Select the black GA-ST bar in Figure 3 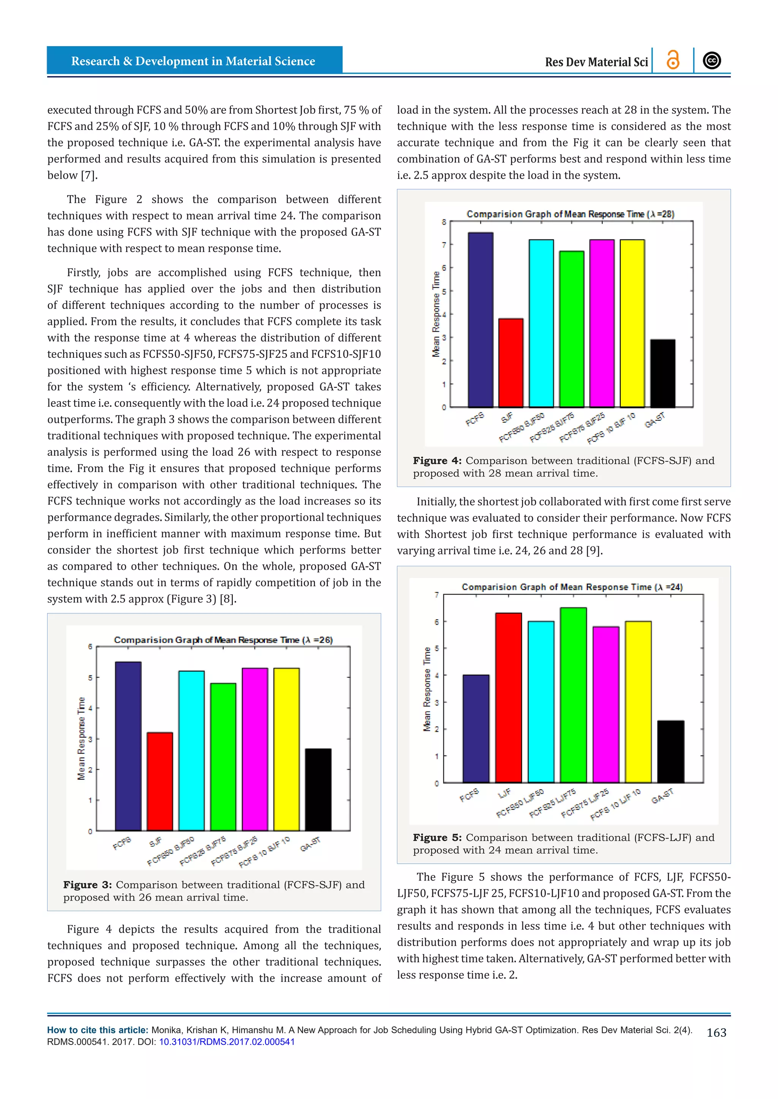318,789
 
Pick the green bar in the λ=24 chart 573,694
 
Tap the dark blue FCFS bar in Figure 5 476,728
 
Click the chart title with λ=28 570,214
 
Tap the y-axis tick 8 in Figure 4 444,222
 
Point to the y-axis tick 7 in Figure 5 436,595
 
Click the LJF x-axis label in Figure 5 504,793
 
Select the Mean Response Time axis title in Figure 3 81,738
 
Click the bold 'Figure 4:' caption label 437,460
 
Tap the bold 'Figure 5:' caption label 437,838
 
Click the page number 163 716,1033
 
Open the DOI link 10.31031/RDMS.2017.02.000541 226,1042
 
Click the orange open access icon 673,60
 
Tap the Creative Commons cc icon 712,60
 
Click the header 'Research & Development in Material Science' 193,61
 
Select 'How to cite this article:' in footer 98,1030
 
